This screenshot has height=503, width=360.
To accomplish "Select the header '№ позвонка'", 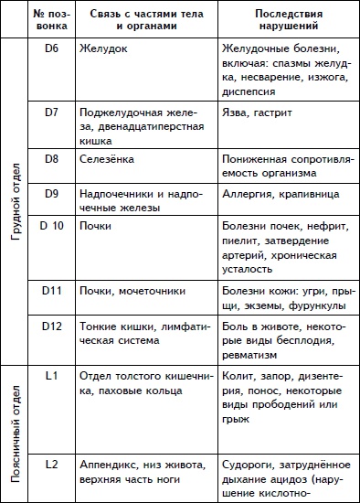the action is [x=52, y=19].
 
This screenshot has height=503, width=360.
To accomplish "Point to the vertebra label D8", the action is [x=51, y=159].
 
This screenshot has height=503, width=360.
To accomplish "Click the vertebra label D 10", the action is [x=51, y=226].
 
